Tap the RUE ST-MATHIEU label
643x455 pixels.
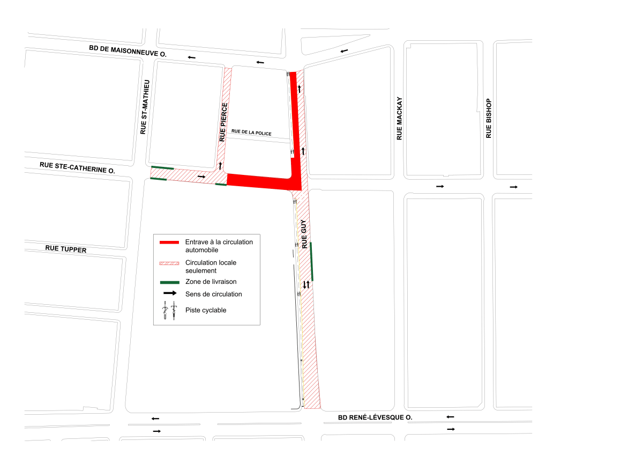coord(143,107)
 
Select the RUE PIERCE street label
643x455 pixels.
coord(224,122)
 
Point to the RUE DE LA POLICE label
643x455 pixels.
coord(252,133)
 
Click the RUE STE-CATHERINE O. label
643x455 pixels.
coord(78,167)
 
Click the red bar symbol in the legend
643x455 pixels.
coord(169,243)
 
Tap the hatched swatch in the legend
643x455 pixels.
coord(169,263)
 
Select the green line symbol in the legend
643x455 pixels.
coord(169,282)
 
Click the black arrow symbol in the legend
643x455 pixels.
coord(170,293)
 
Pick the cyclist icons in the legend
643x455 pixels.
coord(170,311)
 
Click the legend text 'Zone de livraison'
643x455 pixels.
coord(211,282)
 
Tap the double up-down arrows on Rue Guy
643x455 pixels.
coord(306,285)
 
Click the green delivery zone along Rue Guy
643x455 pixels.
coord(311,261)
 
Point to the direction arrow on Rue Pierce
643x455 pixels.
coord(220,165)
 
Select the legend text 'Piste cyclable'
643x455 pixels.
coord(206,310)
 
